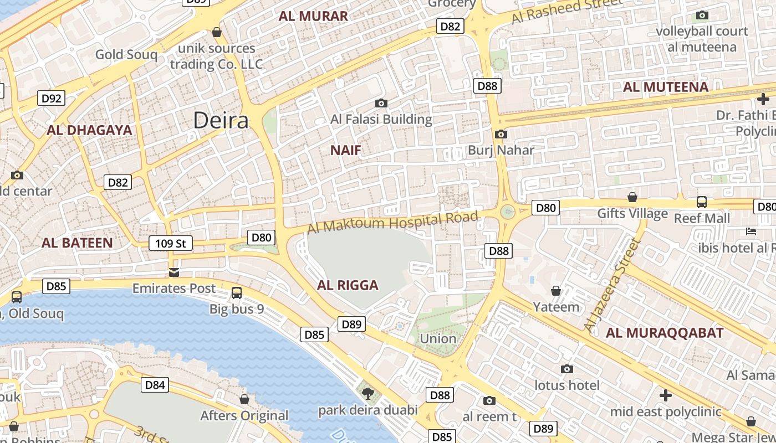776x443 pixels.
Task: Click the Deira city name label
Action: click(x=221, y=121)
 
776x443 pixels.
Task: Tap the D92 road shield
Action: click(x=52, y=99)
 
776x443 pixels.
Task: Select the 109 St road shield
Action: click(x=171, y=243)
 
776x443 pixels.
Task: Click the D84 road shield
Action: click(x=155, y=385)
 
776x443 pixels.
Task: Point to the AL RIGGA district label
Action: click(x=348, y=285)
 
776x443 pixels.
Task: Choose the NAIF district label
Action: click(x=346, y=150)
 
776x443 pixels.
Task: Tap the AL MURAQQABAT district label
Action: click(x=665, y=333)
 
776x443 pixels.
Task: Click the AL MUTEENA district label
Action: click(x=666, y=87)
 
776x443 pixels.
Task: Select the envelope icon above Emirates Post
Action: click(x=174, y=272)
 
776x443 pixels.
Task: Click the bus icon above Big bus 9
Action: click(x=237, y=292)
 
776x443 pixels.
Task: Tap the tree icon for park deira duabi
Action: click(x=367, y=394)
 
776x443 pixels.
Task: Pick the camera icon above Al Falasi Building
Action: click(x=381, y=103)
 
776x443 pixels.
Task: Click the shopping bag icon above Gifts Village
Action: click(x=632, y=197)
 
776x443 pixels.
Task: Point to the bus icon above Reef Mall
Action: click(x=702, y=202)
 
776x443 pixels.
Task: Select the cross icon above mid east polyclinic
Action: click(x=666, y=395)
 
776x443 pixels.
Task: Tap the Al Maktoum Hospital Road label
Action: click(x=392, y=223)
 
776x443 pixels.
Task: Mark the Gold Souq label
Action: click(x=126, y=54)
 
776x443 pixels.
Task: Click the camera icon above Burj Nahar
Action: click(x=501, y=134)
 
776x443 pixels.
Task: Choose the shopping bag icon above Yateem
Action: click(x=556, y=291)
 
